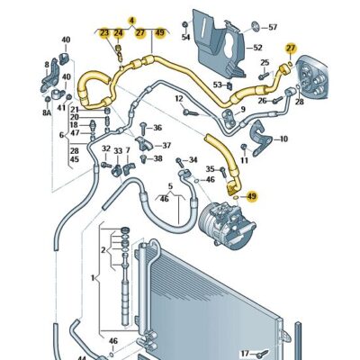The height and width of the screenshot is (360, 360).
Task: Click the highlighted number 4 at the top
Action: [132, 21]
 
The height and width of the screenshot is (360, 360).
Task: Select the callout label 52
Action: [257, 48]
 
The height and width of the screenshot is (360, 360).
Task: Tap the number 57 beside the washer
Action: [273, 28]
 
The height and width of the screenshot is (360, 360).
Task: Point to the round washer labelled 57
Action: [256, 27]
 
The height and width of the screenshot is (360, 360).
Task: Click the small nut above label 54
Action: [185, 24]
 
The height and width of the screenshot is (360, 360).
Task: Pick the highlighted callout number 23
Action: [104, 32]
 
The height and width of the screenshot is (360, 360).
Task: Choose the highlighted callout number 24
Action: [118, 32]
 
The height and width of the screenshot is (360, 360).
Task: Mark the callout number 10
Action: [283, 139]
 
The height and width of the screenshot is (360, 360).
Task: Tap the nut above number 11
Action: [244, 147]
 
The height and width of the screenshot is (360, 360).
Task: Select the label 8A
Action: [47, 112]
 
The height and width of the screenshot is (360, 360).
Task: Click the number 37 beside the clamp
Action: [166, 146]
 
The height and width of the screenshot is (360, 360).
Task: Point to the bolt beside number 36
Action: [143, 127]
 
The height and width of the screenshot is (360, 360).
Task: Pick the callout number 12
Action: [179, 98]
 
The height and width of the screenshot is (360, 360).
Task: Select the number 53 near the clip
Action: [218, 85]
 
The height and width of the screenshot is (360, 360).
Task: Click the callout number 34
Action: [193, 160]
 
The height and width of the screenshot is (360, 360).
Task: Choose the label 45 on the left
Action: [74, 159]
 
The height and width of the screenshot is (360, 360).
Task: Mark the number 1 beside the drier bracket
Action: [94, 278]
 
